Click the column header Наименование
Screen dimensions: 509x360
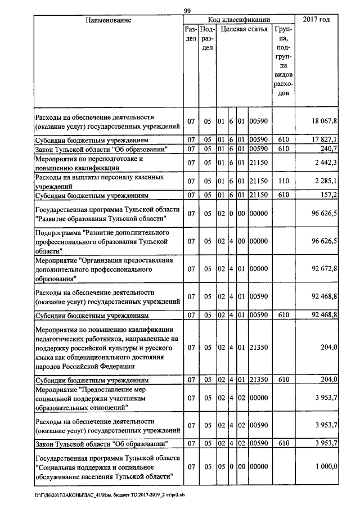point(108,20)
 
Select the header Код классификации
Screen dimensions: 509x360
point(238,20)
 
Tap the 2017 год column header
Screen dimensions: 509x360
point(316,20)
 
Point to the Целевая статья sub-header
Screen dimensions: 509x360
point(243,29)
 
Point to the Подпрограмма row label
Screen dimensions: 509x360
point(101,241)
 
